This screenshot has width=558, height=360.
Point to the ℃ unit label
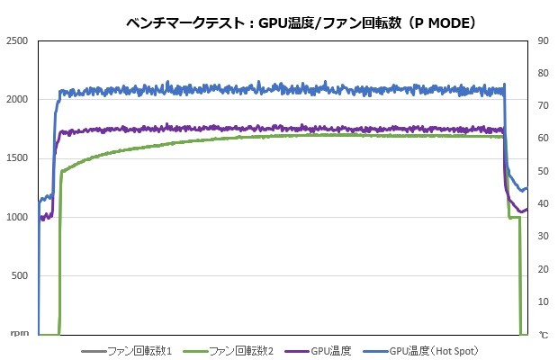click(544, 335)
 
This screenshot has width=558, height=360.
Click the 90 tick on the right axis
click(544, 40)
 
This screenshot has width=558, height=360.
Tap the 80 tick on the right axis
click(544, 73)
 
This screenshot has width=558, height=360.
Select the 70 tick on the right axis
click(544, 106)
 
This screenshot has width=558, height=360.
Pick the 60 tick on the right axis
click(544, 139)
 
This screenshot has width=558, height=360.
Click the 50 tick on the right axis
click(544, 171)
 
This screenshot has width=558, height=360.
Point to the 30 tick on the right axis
click(544, 237)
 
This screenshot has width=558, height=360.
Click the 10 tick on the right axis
click(544, 301)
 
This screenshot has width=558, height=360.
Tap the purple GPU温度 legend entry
click(331, 350)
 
